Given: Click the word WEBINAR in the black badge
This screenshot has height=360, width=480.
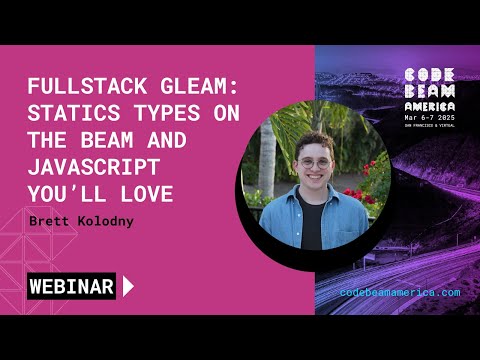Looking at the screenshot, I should coord(70,286).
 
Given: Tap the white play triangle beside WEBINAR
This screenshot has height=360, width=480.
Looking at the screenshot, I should coord(128,286).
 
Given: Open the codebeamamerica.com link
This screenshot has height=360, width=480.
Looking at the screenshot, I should coord(400,292).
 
